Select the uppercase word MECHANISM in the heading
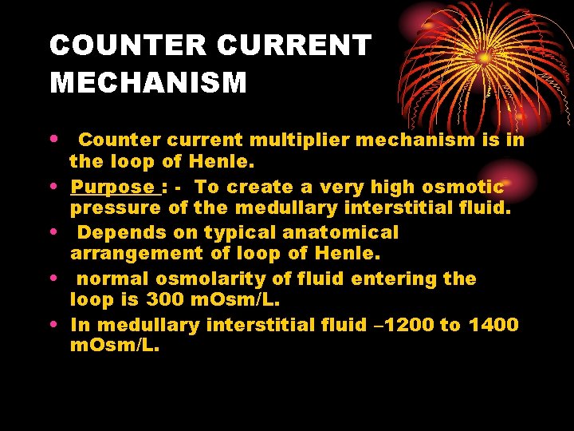click(148, 82)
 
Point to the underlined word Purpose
click(112, 188)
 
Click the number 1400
click(493, 325)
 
